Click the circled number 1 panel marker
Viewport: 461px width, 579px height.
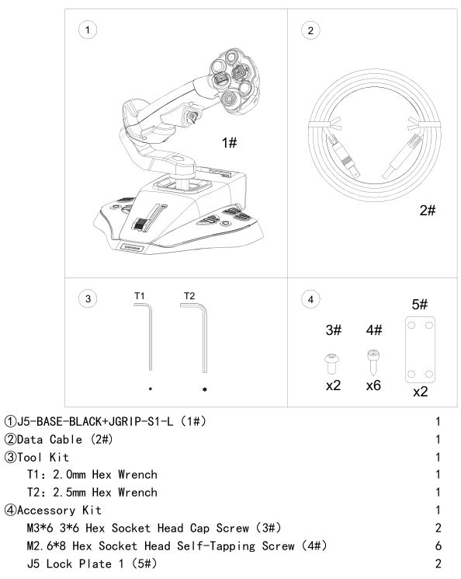pyautogui.click(x=88, y=30)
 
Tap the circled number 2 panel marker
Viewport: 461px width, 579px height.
pyautogui.click(x=310, y=30)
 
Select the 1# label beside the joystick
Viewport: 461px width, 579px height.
pyautogui.click(x=229, y=142)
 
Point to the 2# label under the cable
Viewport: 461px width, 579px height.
pyautogui.click(x=428, y=210)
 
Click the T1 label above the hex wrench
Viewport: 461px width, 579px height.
pyautogui.click(x=140, y=296)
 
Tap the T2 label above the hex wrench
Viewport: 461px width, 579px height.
pyautogui.click(x=189, y=296)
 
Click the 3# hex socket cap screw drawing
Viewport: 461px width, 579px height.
pyautogui.click(x=331, y=364)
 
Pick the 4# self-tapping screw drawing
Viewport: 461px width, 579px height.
pyautogui.click(x=373, y=362)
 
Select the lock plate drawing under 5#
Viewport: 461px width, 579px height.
pyautogui.click(x=420, y=350)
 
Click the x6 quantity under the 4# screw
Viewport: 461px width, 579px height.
pyautogui.click(x=373, y=385)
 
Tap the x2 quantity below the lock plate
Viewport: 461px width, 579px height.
pyautogui.click(x=420, y=392)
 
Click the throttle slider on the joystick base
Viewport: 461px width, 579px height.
pyautogui.click(x=141, y=224)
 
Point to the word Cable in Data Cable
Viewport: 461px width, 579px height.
pyautogui.click(x=66, y=439)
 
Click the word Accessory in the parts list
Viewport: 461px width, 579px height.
pyautogui.click(x=46, y=511)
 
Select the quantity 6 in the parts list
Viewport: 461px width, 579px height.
pyautogui.click(x=438, y=546)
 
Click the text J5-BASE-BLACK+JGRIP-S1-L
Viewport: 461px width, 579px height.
pyautogui.click(x=95, y=421)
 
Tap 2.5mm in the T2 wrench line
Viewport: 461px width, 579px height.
pyautogui.click(x=69, y=492)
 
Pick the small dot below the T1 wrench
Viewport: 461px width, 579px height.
pyautogui.click(x=151, y=389)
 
